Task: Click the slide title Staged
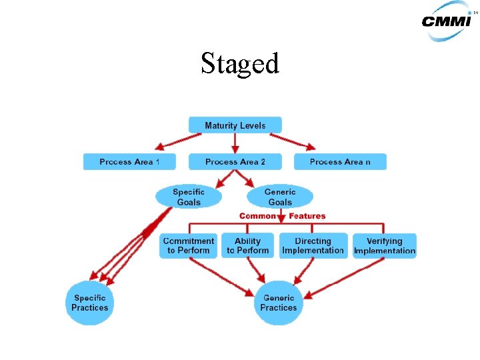(x=240, y=64)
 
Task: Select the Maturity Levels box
(x=235, y=125)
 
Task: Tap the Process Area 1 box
(x=129, y=162)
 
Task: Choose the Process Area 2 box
(x=235, y=162)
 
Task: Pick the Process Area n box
(x=339, y=162)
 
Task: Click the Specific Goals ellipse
(x=189, y=197)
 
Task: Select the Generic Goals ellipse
(x=279, y=197)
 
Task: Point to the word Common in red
(x=257, y=216)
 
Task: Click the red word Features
(x=307, y=216)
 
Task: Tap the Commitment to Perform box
(x=189, y=246)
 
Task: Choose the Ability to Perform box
(x=248, y=246)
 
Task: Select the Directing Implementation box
(x=313, y=246)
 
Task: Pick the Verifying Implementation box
(x=385, y=246)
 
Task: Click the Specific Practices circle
(x=90, y=303)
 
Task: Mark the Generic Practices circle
(x=279, y=303)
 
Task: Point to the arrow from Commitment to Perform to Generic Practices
(x=220, y=275)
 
